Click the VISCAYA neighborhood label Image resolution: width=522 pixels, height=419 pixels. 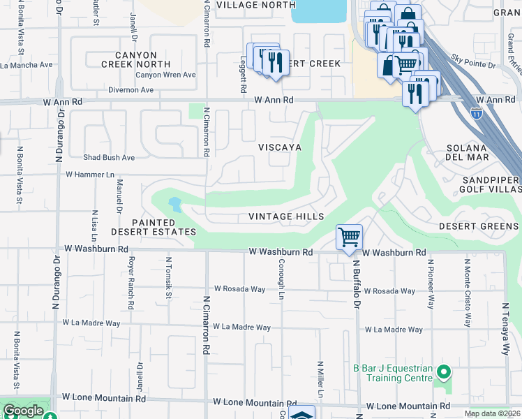[x=280, y=147]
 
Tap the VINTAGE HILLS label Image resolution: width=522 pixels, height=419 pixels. [x=286, y=216]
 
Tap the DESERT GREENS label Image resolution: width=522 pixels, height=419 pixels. [x=478, y=226]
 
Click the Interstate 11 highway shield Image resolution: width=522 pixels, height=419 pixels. [x=477, y=112]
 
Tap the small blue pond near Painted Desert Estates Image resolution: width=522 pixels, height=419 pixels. [x=174, y=205]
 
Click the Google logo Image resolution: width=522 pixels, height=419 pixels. [x=23, y=411]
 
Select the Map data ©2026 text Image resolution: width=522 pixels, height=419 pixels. [x=492, y=413]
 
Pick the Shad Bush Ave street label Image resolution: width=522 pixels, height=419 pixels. [x=109, y=158]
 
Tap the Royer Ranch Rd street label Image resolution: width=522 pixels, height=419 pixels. [x=130, y=282]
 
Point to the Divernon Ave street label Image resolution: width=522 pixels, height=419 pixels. [x=130, y=90]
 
